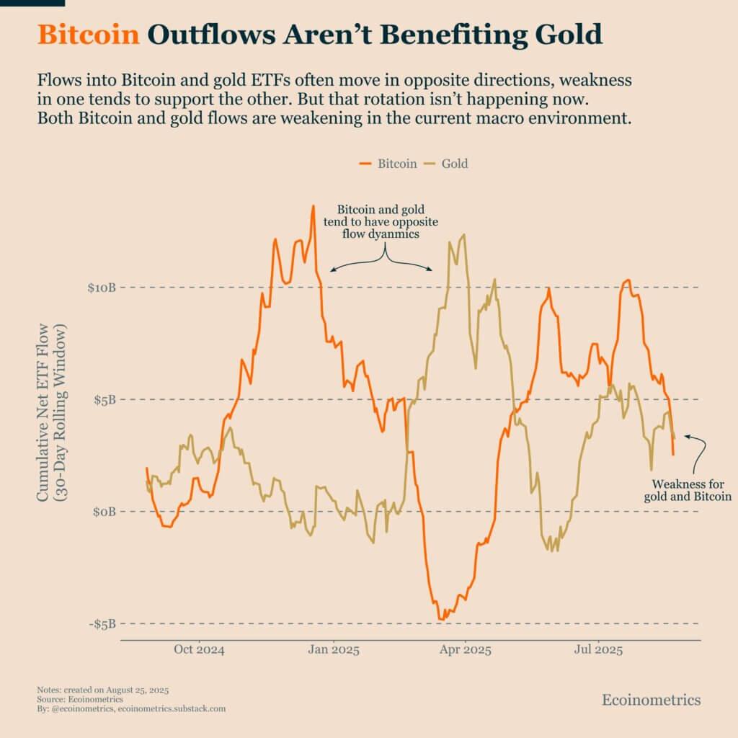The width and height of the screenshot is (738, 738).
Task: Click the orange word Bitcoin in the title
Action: point(88,35)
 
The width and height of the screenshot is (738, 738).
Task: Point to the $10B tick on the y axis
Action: point(102,288)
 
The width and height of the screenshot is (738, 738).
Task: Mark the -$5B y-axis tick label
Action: point(102,623)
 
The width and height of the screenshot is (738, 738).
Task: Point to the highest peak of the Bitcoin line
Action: point(313,206)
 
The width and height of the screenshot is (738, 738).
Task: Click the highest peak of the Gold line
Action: point(463,234)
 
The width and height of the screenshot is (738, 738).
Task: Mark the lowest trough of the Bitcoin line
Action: point(441,619)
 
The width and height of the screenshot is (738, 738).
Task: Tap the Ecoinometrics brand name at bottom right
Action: point(651,700)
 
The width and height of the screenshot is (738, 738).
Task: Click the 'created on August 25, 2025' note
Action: point(102,690)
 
